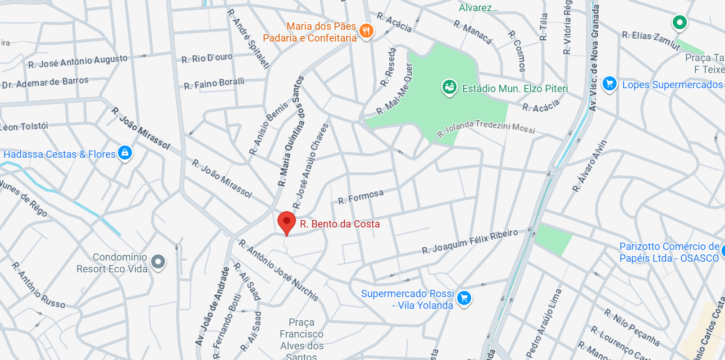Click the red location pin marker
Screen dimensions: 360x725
[x=286, y=222]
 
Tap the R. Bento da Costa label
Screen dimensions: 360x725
[x=340, y=224]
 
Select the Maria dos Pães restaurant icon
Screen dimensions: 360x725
[x=366, y=31]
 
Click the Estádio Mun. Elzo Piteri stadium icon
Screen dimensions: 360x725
[x=449, y=88]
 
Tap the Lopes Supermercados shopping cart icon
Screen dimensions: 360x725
[x=609, y=84]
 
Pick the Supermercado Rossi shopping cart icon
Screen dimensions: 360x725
[x=463, y=298]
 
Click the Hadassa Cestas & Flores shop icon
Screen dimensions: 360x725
[x=125, y=153]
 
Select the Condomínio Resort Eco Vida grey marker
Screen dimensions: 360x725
[x=159, y=262]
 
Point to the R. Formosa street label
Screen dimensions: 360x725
[x=361, y=197]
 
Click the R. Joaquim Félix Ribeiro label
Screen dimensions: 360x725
[x=469, y=241]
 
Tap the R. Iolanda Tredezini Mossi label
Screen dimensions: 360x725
[x=486, y=129]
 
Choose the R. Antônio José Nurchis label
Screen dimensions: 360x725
[x=279, y=270]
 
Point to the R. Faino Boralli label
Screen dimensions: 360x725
[x=214, y=84]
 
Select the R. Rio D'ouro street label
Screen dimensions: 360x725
[x=207, y=58]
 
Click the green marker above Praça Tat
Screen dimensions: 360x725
[x=680, y=22]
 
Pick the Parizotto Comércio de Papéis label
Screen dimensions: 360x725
[x=669, y=252]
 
